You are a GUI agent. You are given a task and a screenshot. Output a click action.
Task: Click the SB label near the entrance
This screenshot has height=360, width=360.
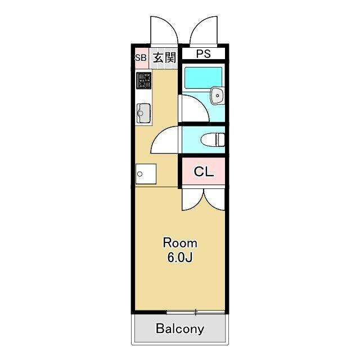tap(141, 57)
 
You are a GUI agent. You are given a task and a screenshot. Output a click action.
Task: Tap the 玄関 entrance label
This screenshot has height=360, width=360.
tap(165, 57)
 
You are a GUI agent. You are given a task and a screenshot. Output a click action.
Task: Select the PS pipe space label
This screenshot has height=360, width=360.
tap(204, 54)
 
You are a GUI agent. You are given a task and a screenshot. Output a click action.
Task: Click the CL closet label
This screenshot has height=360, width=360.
tap(204, 171)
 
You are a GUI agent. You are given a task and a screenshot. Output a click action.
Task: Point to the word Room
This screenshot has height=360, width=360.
tap(180, 243)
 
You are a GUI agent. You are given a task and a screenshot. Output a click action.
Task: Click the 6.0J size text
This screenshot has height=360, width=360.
tap(179, 258)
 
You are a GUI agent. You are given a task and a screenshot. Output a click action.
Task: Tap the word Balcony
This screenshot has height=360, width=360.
tap(180, 328)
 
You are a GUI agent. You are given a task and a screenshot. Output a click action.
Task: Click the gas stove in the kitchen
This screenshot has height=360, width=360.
tap(144, 80)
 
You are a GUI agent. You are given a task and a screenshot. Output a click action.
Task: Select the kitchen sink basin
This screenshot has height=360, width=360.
tap(144, 113)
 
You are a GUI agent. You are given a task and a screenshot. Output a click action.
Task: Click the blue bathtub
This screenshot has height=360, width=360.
tap(204, 78)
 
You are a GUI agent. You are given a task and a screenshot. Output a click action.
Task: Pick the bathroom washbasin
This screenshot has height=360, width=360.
tap(217, 96)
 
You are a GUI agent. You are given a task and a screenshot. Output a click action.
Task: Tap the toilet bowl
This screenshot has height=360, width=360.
tap(213, 139)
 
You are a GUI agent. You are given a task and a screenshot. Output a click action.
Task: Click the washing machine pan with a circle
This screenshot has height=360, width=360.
tap(146, 174)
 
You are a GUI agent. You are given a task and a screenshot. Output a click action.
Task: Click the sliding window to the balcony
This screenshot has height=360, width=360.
tap(195, 312)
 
